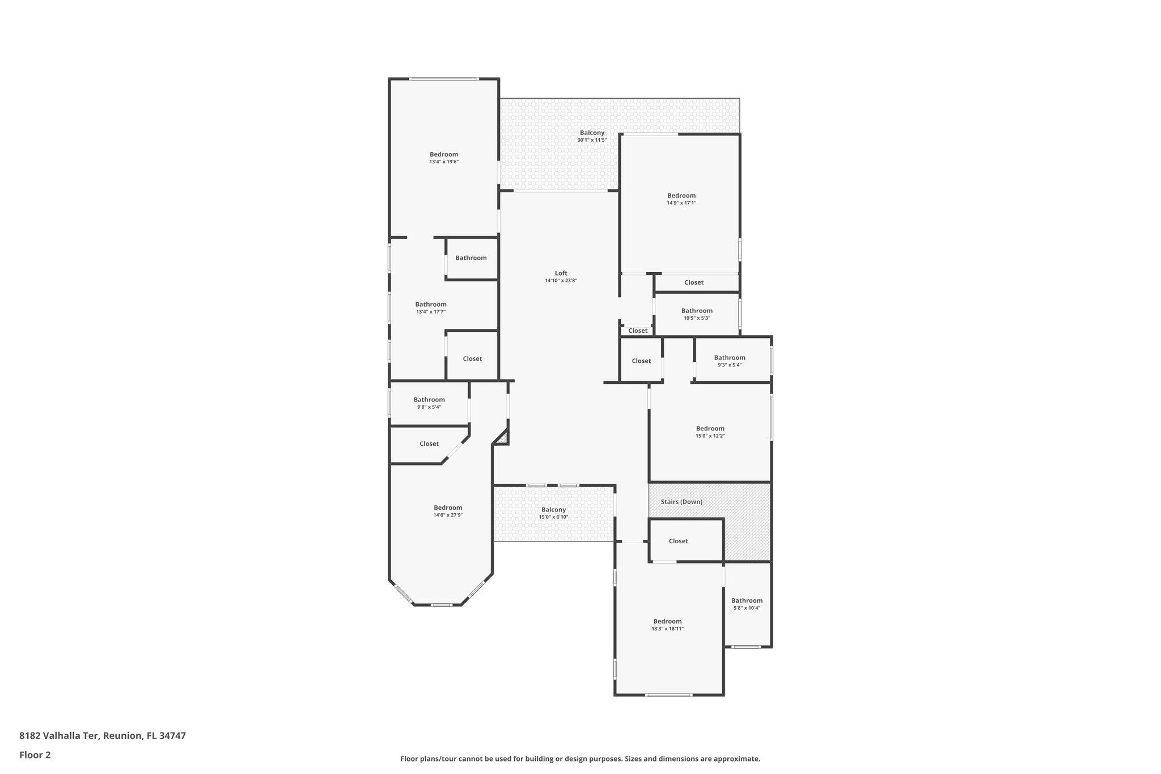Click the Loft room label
click(x=561, y=273)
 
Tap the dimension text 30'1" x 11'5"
click(x=592, y=140)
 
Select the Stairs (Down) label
click(x=681, y=502)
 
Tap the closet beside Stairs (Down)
click(x=678, y=541)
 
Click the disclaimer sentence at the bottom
click(x=580, y=759)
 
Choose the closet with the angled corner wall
click(x=429, y=444)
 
